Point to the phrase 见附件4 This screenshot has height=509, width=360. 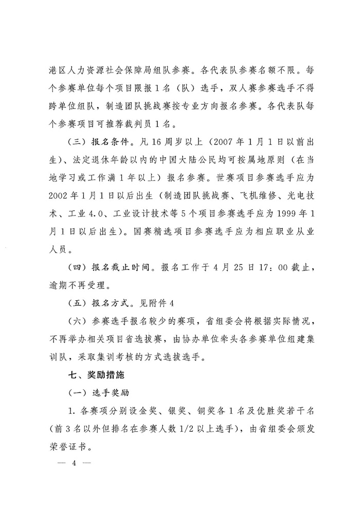pyautogui.click(x=160, y=303)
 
